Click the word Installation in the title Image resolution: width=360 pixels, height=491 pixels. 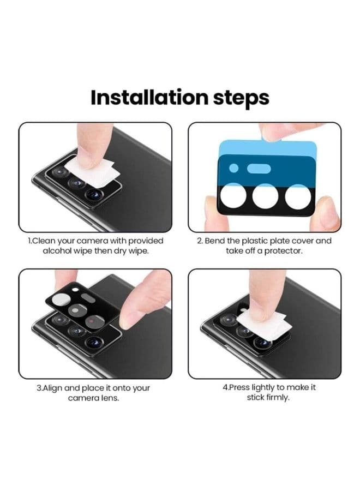point(149,98)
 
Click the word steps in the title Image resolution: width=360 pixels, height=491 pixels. point(241,98)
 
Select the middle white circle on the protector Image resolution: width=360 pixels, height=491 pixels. point(265,196)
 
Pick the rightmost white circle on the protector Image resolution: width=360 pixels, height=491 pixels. point(298,196)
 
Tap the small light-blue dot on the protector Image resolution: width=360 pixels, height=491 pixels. point(233,168)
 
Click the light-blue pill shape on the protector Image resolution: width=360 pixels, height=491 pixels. point(259,169)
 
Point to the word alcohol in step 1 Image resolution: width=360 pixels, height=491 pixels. point(57,251)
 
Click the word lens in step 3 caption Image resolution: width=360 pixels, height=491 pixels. point(110,398)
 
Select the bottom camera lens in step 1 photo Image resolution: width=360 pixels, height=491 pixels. point(94,195)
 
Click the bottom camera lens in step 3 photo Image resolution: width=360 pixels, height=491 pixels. point(94,343)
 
